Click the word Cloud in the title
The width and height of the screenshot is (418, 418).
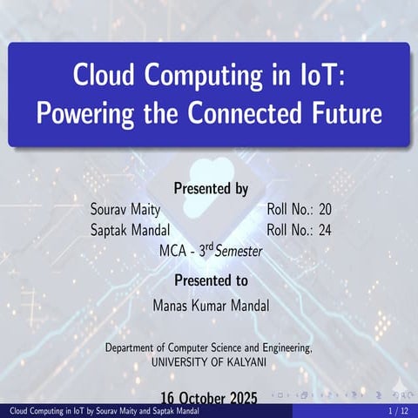[x=103, y=77]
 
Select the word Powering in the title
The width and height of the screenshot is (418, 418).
[x=84, y=113]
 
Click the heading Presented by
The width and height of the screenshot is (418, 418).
[x=212, y=187]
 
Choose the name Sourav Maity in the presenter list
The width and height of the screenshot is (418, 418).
[x=125, y=210]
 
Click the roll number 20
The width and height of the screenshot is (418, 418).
[x=325, y=210]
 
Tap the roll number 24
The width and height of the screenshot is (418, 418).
[x=325, y=231]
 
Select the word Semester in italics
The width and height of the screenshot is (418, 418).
[x=239, y=251]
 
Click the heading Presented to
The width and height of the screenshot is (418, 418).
[x=211, y=280]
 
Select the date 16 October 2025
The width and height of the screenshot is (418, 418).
[x=209, y=398]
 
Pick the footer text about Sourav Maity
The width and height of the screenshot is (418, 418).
[x=104, y=411]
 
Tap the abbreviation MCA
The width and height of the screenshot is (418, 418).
[x=173, y=251]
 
